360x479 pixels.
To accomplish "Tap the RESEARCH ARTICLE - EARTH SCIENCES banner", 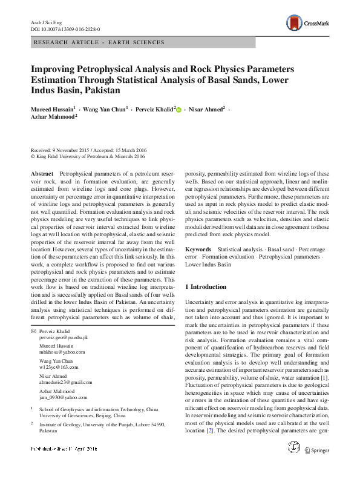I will click(100, 42).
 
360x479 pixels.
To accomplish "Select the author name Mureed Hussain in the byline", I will click(53, 109).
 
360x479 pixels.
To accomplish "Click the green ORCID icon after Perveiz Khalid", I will click(179, 110).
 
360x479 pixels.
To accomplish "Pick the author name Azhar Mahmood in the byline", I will click(52, 118).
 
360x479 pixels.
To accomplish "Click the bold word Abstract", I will click(41, 174).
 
